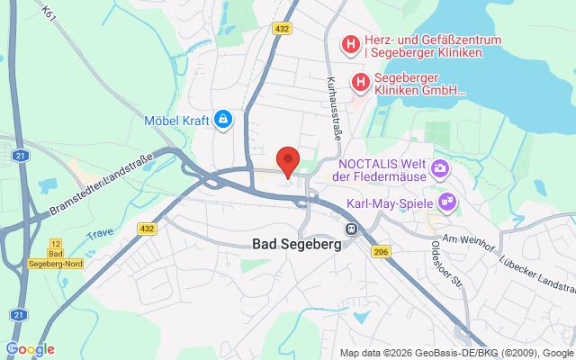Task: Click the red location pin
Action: click(x=287, y=159)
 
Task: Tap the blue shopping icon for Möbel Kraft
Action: click(x=222, y=118)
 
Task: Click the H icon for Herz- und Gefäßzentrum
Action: click(x=349, y=42)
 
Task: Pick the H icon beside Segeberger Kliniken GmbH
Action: click(x=361, y=82)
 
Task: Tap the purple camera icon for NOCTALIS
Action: click(x=440, y=166)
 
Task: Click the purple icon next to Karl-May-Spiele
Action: click(x=444, y=200)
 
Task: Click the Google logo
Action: click(x=30, y=349)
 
